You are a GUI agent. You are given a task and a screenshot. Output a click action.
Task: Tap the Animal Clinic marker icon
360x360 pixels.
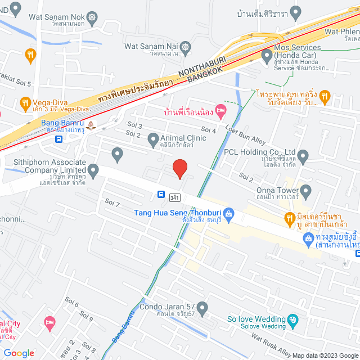coord(152,138)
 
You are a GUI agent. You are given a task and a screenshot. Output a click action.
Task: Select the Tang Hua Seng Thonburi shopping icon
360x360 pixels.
coord(228,213)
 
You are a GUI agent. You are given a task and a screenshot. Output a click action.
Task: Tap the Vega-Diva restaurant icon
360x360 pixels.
coord(25,103)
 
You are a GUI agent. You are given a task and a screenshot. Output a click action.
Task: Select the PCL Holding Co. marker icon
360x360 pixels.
coord(303,155)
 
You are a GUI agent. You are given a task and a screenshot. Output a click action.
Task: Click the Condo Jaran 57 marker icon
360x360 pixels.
coord(202,307)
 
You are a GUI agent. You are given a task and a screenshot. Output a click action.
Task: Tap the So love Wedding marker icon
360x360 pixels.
coord(292,322)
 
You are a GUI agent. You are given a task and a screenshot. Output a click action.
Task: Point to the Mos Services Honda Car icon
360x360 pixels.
coord(266,55)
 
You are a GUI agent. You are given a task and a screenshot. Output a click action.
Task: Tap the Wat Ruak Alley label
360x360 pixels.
coord(271,343)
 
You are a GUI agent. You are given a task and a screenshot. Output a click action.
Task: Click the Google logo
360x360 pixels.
coord(19,353)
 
